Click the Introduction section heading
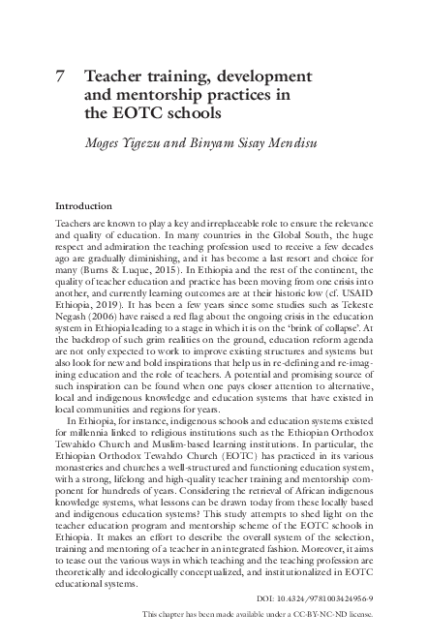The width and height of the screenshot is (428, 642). click(83, 206)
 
